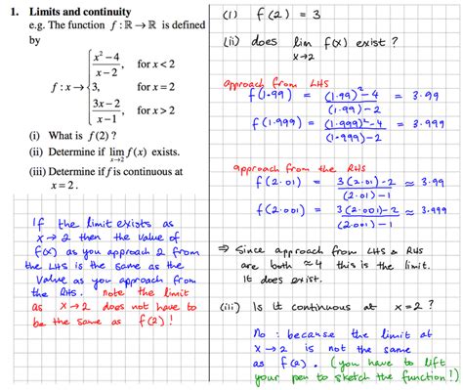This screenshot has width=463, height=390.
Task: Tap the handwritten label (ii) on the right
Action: coord(238,42)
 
